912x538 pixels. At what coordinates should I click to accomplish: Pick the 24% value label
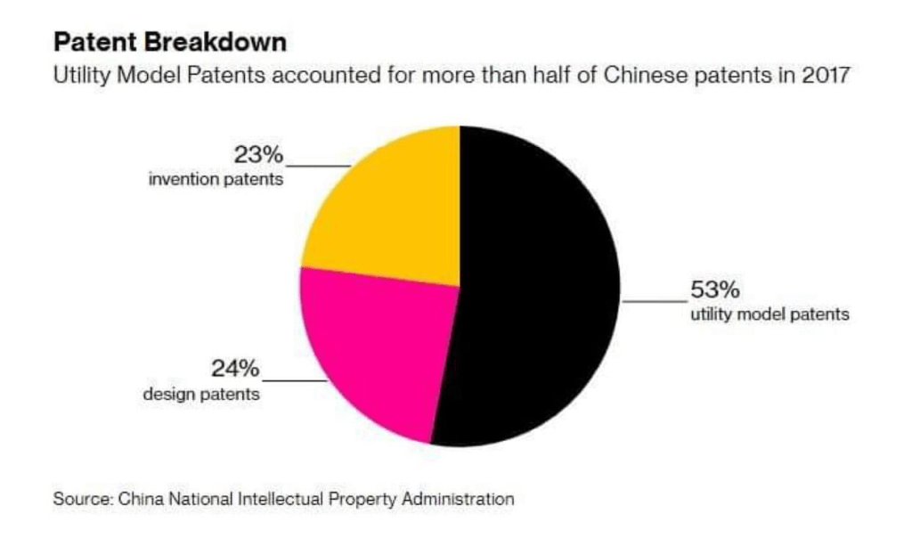point(234,368)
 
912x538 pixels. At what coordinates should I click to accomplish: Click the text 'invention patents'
point(216,180)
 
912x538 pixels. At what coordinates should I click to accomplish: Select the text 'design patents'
point(202,393)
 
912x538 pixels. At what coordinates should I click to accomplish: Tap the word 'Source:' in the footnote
point(79,499)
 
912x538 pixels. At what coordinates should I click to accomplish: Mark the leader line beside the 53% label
point(655,301)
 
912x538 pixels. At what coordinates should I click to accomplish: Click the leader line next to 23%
point(316,166)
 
